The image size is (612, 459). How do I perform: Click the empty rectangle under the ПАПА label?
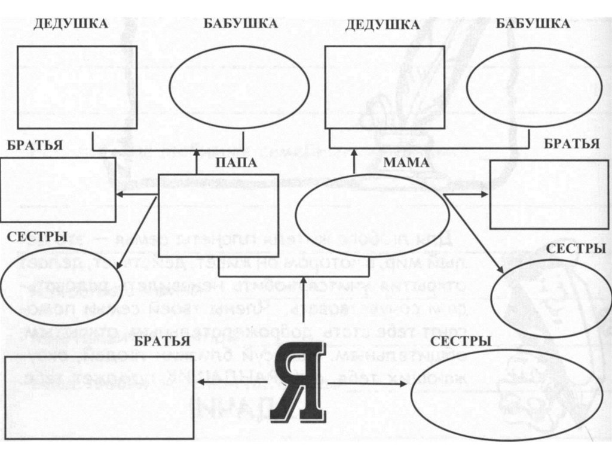[x=218, y=206]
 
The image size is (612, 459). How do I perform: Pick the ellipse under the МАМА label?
[x=372, y=215]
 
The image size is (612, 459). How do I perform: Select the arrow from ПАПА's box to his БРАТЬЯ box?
[x=136, y=194]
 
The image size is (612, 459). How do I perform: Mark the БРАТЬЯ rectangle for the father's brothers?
[x=57, y=190]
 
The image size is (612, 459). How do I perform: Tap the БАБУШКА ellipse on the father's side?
[x=239, y=87]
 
